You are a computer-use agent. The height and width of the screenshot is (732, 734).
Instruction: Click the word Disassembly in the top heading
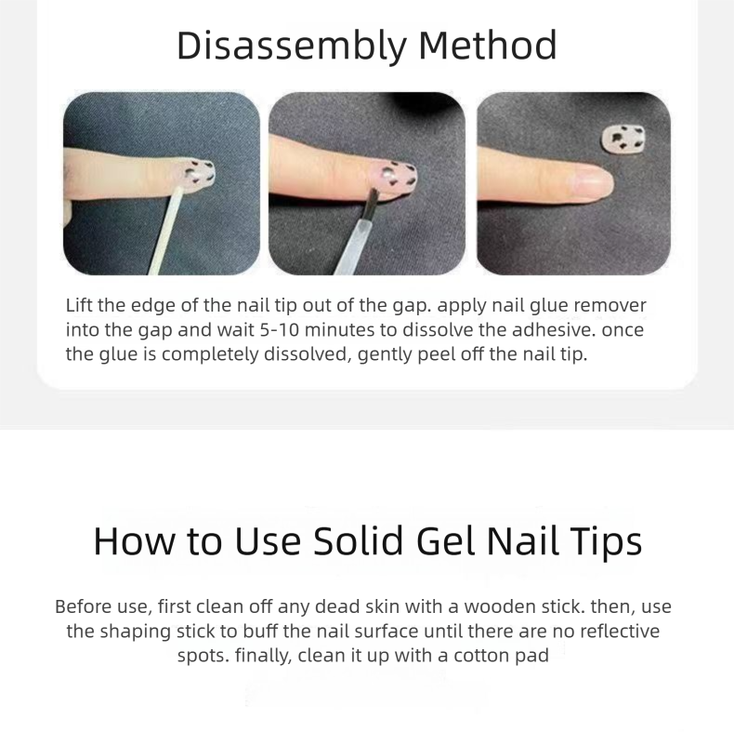pos(292,46)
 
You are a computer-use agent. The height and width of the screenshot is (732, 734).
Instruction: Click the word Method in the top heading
pos(487,45)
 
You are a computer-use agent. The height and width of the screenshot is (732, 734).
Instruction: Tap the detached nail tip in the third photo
pos(623,139)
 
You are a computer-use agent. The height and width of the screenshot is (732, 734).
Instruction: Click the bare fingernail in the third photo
pos(593,183)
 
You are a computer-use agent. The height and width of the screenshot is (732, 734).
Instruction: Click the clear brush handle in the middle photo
pos(353,247)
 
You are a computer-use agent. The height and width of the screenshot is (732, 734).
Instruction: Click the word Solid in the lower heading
pos(358,540)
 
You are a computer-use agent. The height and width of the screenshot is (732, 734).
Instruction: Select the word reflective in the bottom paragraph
pos(620,632)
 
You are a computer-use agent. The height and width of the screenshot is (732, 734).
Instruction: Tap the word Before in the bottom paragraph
pos(84,606)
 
